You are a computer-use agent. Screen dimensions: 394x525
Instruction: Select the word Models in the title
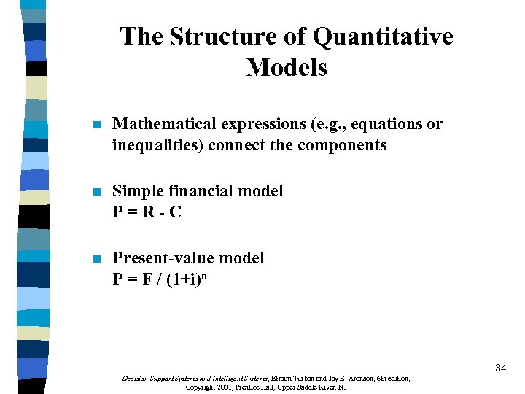287,68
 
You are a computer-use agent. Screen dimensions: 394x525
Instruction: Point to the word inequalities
157,144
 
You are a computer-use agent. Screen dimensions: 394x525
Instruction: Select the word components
341,144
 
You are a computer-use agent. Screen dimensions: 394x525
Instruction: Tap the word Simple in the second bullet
135,191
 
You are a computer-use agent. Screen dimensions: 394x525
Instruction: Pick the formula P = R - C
147,212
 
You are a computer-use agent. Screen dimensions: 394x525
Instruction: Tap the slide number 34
500,368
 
